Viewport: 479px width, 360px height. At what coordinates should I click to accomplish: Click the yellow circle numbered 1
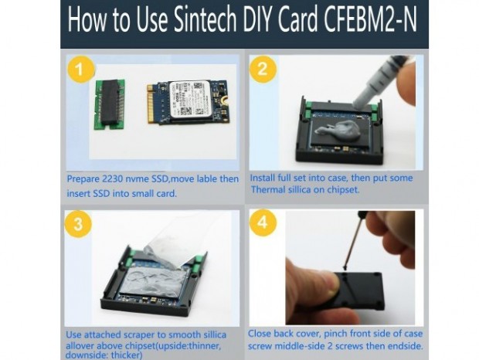[80, 70]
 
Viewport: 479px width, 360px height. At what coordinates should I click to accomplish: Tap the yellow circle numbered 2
[263, 69]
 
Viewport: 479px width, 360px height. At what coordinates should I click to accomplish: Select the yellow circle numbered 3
[78, 224]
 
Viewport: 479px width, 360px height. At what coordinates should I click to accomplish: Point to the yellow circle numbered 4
[263, 222]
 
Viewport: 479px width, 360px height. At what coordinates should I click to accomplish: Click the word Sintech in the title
[206, 19]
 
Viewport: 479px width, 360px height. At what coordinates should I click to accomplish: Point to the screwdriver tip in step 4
[345, 269]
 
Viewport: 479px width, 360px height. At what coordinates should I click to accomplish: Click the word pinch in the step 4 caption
[335, 334]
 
